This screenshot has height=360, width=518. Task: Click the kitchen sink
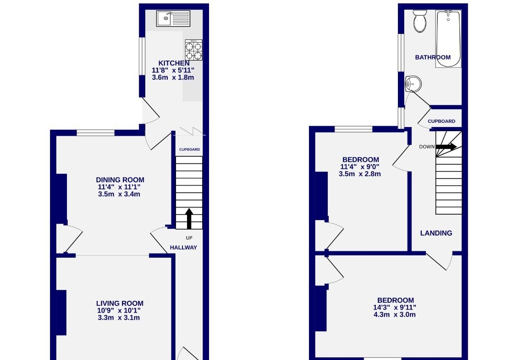point(173,18)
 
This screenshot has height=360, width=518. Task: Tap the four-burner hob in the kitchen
point(193,50)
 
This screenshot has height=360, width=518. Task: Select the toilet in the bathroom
point(420,21)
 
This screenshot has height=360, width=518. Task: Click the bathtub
point(448,39)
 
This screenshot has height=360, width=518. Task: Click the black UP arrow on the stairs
point(189,218)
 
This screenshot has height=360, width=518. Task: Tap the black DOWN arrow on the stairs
point(446,146)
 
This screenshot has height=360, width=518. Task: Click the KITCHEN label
point(174,63)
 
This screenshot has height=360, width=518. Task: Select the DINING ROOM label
point(120,180)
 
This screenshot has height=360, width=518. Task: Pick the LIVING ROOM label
point(120,304)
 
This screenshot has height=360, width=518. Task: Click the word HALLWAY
point(183,247)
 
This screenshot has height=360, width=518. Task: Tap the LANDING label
point(436,233)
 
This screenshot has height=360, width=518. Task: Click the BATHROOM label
point(433,57)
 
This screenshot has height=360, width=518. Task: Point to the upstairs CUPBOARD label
point(441,122)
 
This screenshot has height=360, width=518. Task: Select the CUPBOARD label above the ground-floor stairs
point(189,150)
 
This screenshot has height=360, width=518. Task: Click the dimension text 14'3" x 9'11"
point(394,307)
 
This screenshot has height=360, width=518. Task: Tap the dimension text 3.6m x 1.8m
point(173,78)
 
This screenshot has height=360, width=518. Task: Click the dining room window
point(96,133)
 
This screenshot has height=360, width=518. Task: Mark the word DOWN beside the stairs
point(427,147)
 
